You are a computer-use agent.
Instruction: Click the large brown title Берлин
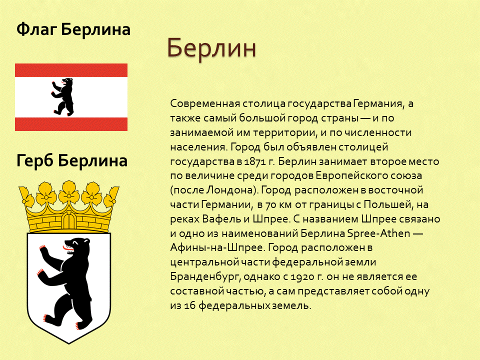pos(211,48)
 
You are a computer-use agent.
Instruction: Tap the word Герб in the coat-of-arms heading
pos(35,160)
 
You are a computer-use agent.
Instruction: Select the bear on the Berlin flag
pos(63,96)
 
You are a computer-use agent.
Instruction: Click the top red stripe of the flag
pos(71,70)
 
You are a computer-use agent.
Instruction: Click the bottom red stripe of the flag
pos(71,124)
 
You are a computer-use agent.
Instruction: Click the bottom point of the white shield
pos(69,343)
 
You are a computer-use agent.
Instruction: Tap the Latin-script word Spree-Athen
pos(378,233)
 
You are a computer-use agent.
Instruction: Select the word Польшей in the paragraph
pos(387,204)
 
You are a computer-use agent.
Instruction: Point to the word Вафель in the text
pos(221,219)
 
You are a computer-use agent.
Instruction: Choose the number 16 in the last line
pos(190,306)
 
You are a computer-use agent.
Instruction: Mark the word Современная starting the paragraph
pos(205,104)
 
